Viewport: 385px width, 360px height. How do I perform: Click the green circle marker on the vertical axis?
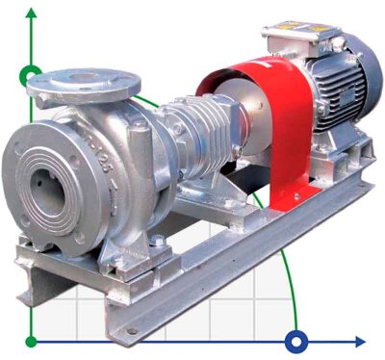coord(31,74)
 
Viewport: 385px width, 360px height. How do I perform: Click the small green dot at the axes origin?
coord(31,341)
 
